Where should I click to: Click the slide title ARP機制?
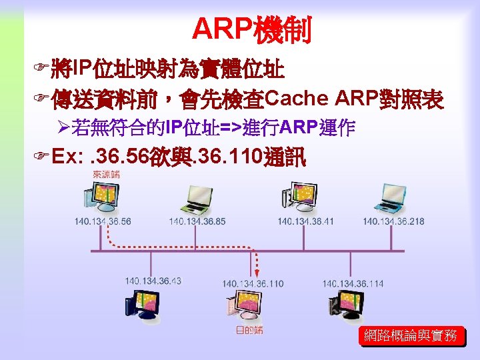(x=253, y=29)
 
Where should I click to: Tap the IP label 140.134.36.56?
(x=103, y=221)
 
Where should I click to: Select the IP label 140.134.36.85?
(x=197, y=221)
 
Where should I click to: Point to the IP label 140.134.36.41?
(x=306, y=221)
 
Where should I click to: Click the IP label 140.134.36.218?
(x=393, y=221)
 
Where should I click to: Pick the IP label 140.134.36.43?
(x=153, y=281)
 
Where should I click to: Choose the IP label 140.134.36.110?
(x=253, y=284)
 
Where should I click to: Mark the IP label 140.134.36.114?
(x=353, y=284)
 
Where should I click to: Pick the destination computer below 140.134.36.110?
(x=247, y=307)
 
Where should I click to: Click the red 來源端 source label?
(x=107, y=175)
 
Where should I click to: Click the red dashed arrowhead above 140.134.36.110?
(x=254, y=272)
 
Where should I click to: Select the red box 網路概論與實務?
(x=410, y=336)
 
